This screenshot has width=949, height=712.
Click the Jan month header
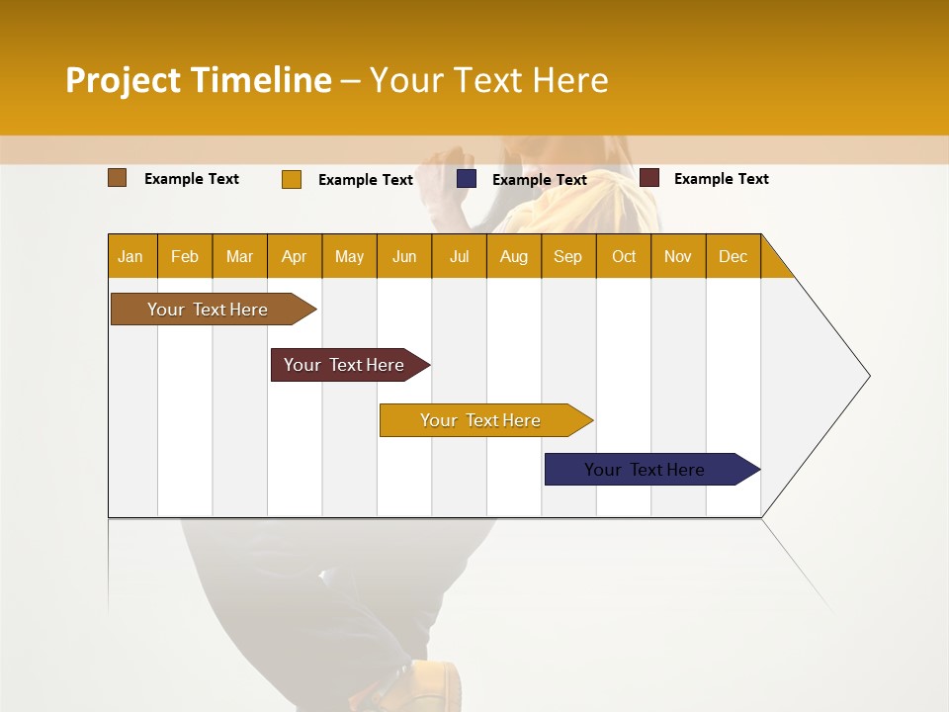tap(131, 256)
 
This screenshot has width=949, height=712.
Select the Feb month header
tap(185, 256)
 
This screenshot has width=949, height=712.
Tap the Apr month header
tap(294, 256)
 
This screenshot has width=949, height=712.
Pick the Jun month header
tap(404, 256)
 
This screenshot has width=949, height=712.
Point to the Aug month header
tap(513, 256)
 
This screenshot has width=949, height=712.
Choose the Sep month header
tap(567, 256)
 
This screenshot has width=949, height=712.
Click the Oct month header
tap(624, 256)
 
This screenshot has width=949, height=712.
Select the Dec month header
tap(733, 256)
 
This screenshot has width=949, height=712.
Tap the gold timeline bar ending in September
tap(482, 420)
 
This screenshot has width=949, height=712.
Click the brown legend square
tap(118, 178)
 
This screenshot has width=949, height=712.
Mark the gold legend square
tap(292, 179)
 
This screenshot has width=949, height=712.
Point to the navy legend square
tap(467, 179)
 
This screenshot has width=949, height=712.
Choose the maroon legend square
tap(649, 178)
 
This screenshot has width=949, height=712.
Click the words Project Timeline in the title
tap(199, 80)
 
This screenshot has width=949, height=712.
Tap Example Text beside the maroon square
tap(721, 179)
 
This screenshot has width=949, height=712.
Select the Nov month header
tap(678, 256)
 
